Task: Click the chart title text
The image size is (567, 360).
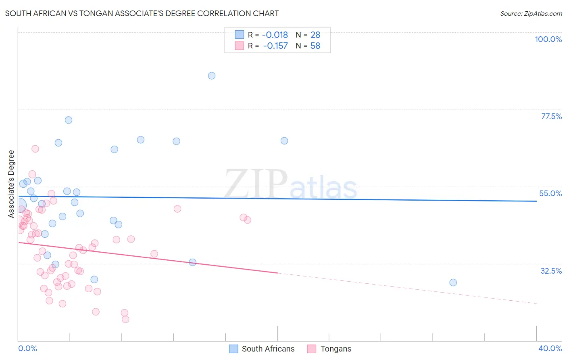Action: (x=142, y=13)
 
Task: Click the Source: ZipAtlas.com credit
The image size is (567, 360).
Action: (x=531, y=13)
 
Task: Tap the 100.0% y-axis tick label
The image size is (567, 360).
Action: (x=548, y=39)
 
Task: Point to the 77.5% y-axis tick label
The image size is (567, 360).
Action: (x=551, y=116)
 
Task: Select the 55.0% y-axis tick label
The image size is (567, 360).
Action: (x=550, y=193)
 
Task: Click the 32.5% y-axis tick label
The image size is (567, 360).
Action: (x=551, y=271)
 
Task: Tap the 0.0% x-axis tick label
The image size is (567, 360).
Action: (x=27, y=348)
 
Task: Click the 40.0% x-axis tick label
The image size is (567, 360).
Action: (x=550, y=348)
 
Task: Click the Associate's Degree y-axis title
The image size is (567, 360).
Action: (x=11, y=184)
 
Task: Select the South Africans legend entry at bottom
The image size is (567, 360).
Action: (x=268, y=349)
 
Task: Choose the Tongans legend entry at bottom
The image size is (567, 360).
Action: (x=336, y=349)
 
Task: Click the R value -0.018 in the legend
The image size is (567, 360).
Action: (x=275, y=35)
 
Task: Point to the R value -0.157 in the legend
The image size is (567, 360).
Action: (x=275, y=46)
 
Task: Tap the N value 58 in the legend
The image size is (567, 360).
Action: (x=315, y=46)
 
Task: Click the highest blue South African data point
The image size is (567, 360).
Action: (x=212, y=75)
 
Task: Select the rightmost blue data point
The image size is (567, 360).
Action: (x=453, y=283)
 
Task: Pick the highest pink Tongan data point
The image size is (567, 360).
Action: (x=35, y=149)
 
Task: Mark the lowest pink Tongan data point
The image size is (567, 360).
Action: (x=125, y=319)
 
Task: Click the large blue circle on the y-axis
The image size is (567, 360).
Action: (x=19, y=206)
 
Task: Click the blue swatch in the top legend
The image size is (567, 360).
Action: (x=240, y=35)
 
